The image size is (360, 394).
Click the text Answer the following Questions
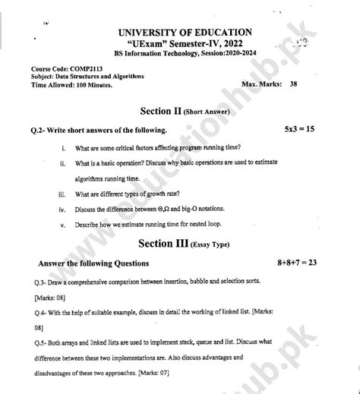pos(88,263)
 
